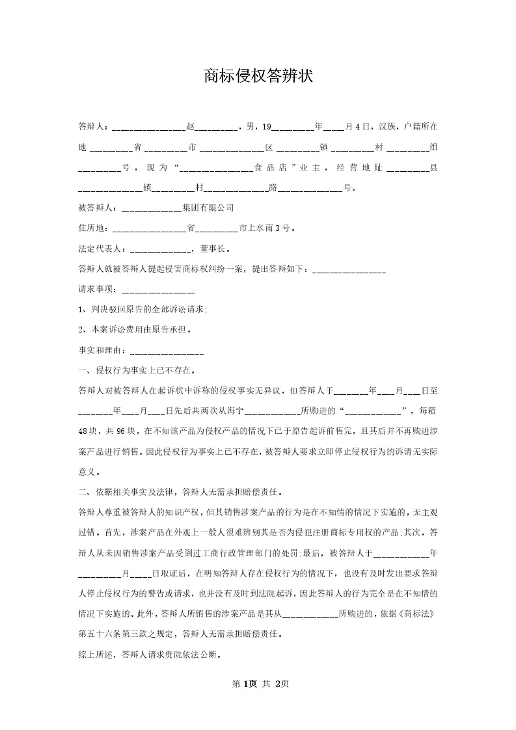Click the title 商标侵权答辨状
tap(258, 77)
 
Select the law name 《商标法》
tap(416, 614)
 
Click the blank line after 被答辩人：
tap(152, 210)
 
